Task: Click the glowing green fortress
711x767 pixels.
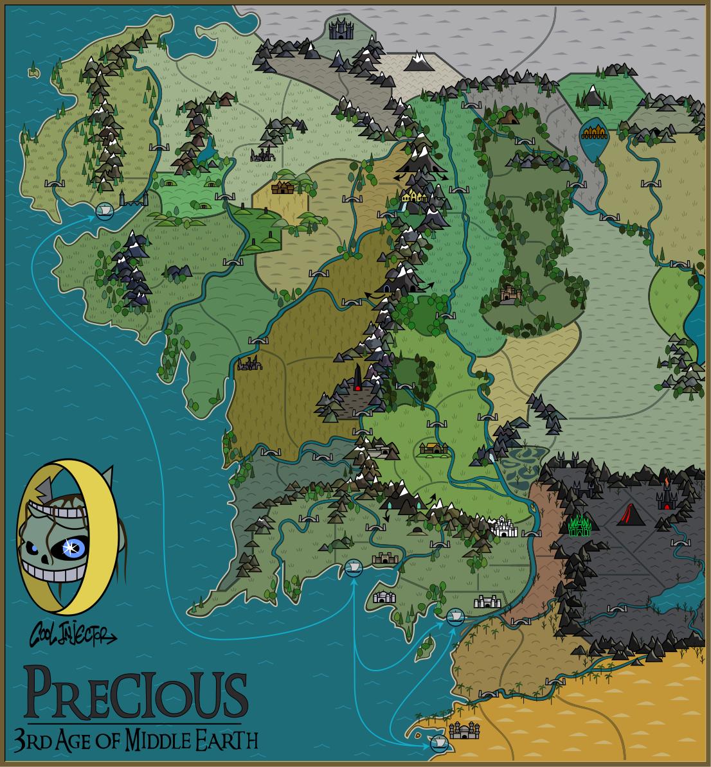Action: pyautogui.click(x=580, y=525)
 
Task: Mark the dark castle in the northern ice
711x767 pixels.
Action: pyautogui.click(x=337, y=29)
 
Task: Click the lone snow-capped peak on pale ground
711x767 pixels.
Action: pyautogui.click(x=419, y=62)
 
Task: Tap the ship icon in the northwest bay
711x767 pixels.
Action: pyautogui.click(x=103, y=209)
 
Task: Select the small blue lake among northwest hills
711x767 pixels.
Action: pyautogui.click(x=206, y=151)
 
